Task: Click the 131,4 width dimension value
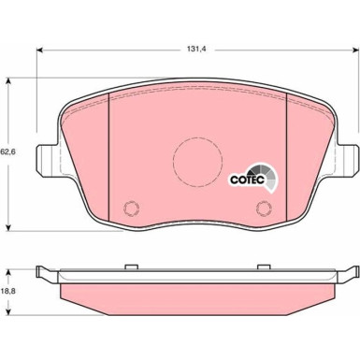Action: (197, 49)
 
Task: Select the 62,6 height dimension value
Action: (8, 152)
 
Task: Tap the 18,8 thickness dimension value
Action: (8, 291)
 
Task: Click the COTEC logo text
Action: (247, 180)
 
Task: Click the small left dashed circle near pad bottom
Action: (131, 208)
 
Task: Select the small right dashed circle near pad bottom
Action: (264, 208)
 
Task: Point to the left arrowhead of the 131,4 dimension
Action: (39, 50)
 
